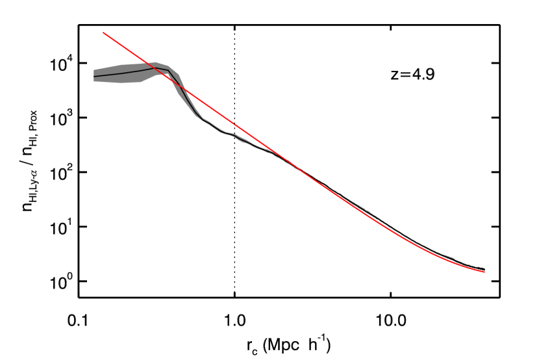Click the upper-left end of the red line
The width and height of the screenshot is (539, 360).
tap(104, 32)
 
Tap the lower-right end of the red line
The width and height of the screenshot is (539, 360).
tap(484, 272)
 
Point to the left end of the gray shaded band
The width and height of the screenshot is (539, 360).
tap(94, 76)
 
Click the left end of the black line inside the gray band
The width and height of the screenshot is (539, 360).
tap(94, 77)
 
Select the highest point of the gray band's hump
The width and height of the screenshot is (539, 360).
tap(156, 62)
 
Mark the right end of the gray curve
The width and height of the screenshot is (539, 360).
tap(484, 270)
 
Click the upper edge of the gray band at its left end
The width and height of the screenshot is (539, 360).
tap(94, 70)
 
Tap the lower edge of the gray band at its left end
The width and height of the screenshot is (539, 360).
tap(94, 81)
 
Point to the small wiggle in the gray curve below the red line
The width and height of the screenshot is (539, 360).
tap(232, 134)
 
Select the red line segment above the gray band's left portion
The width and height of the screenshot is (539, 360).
tap(123, 45)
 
